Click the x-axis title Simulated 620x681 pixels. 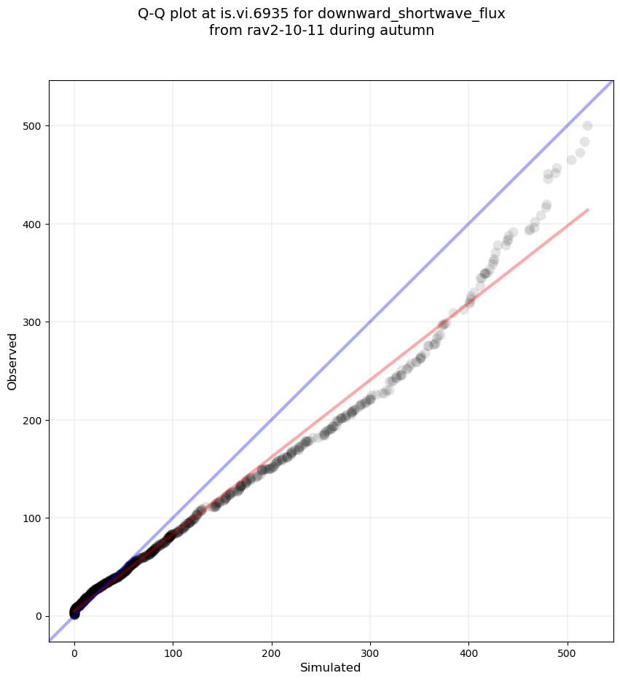330,668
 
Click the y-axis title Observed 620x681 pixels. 12,361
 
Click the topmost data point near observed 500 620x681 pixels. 587,126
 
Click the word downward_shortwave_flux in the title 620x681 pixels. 412,13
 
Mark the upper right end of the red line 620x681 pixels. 587,210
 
